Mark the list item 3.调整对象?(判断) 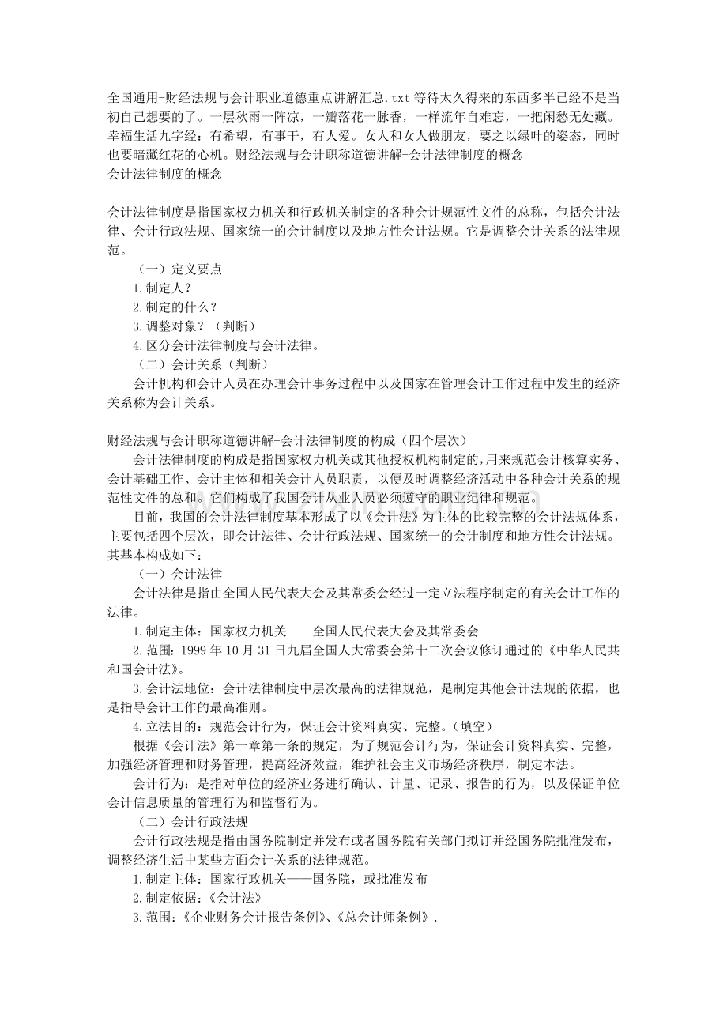tap(194, 326)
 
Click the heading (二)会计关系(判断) tap(202, 364)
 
